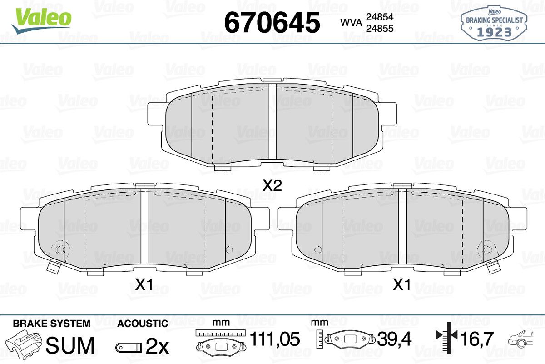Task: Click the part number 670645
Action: pyautogui.click(x=272, y=23)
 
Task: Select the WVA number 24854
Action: pyautogui.click(x=380, y=17)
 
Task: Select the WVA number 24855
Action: pyautogui.click(x=380, y=29)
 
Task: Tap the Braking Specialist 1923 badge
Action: pyautogui.click(x=494, y=23)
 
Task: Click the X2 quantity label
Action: pyautogui.click(x=272, y=185)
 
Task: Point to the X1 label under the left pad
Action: pyautogui.click(x=144, y=284)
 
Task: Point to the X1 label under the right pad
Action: pyautogui.click(x=401, y=284)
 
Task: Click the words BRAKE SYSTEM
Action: pyautogui.click(x=52, y=324)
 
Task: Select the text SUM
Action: pyautogui.click(x=70, y=345)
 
